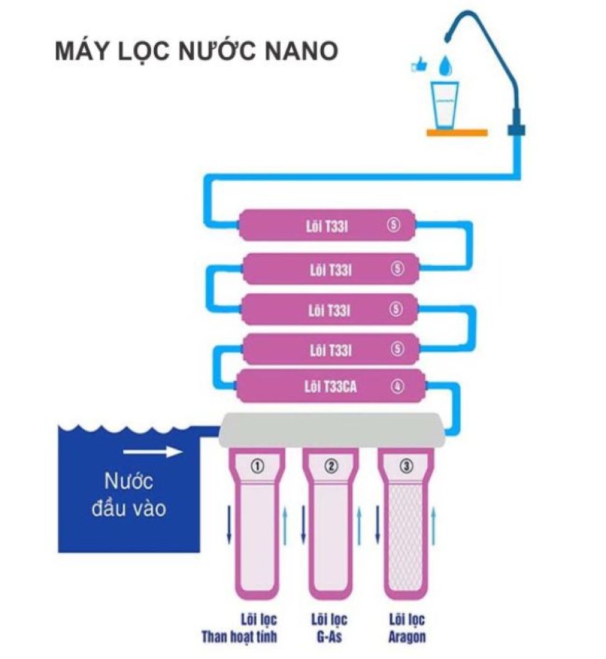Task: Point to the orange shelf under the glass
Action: pyautogui.click(x=457, y=132)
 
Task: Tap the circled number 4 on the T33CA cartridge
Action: pyautogui.click(x=397, y=387)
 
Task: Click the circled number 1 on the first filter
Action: pyautogui.click(x=257, y=466)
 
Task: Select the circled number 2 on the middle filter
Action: pyautogui.click(x=331, y=466)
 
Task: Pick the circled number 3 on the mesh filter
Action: pyautogui.click(x=406, y=466)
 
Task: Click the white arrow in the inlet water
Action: pyautogui.click(x=152, y=451)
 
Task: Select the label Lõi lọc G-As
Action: pyautogui.click(x=327, y=627)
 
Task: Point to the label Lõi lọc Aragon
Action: pyautogui.click(x=407, y=627)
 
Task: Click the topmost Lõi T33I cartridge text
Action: pyautogui.click(x=330, y=227)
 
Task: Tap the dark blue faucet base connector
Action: pyautogui.click(x=516, y=131)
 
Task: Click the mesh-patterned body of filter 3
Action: pyautogui.click(x=405, y=542)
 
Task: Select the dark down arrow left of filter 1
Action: pyautogui.click(x=229, y=528)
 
